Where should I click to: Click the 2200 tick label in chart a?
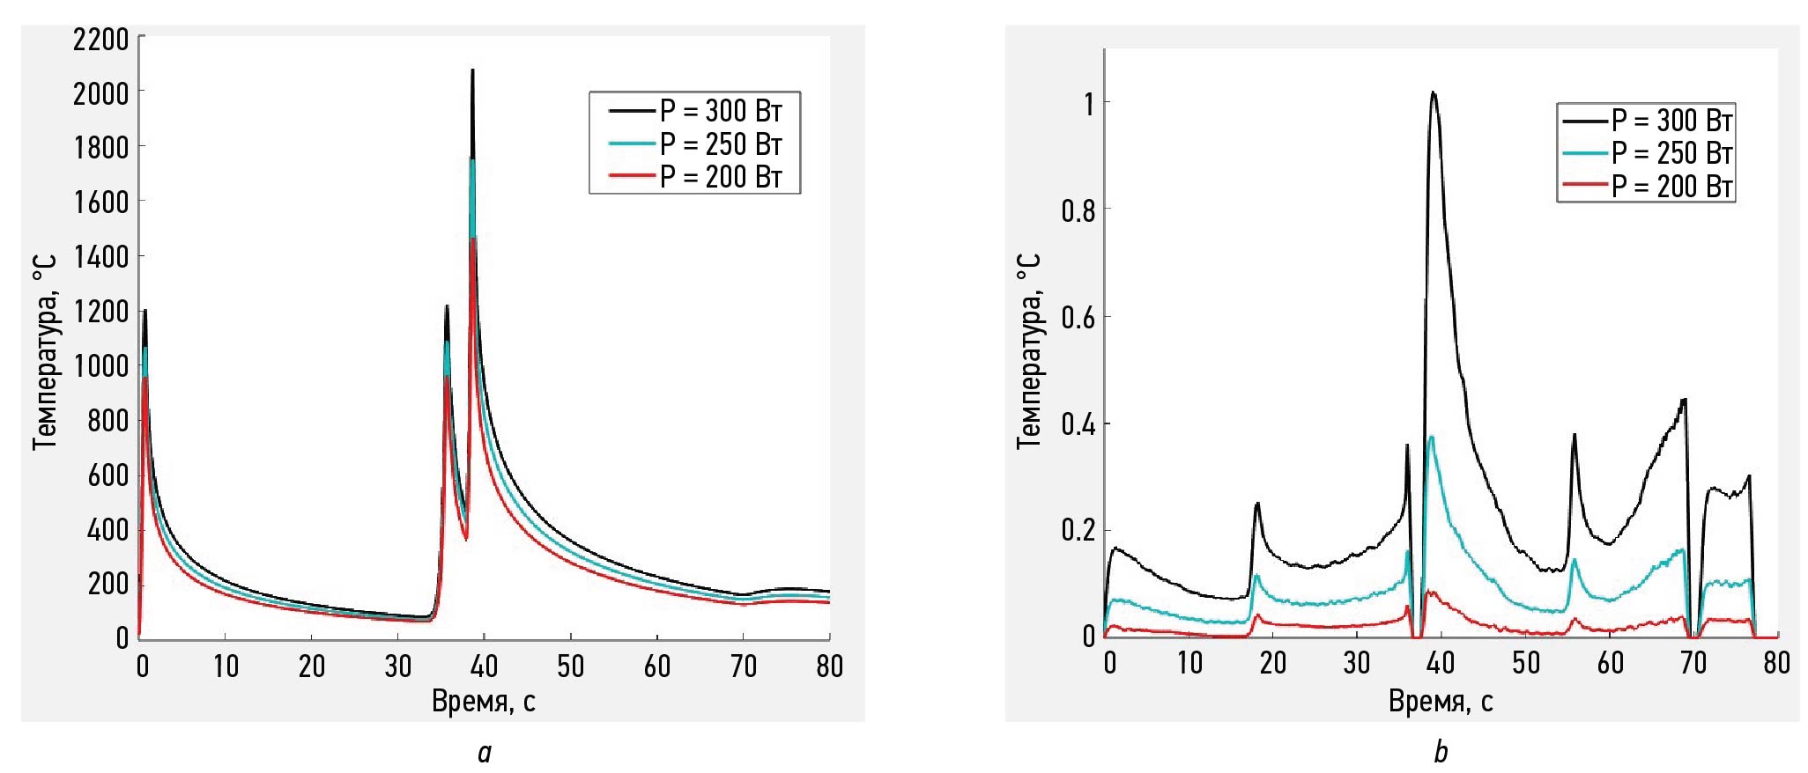(x=100, y=40)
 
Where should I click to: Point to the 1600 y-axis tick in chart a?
(x=100, y=202)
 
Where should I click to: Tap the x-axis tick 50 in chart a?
(x=570, y=666)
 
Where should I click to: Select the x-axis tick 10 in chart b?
(x=1189, y=663)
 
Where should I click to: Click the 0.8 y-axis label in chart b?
(x=1078, y=210)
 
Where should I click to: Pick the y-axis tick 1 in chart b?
(x=1089, y=104)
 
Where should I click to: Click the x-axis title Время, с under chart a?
(x=483, y=702)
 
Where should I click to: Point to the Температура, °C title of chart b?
(x=1029, y=350)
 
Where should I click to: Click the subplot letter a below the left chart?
(x=484, y=754)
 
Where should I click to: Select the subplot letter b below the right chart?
(x=1441, y=753)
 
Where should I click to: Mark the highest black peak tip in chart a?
(x=472, y=70)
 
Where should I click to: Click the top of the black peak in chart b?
(x=1434, y=92)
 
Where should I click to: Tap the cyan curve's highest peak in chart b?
(x=1432, y=437)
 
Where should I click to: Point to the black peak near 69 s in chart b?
(x=1684, y=401)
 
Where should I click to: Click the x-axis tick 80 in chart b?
(x=1776, y=663)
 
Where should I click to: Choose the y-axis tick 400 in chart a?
(x=107, y=530)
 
